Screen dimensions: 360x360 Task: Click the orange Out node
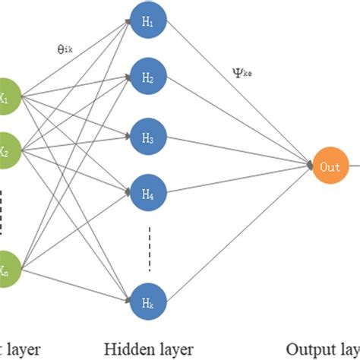coord(328,166)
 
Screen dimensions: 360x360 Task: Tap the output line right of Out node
coord(352,166)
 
